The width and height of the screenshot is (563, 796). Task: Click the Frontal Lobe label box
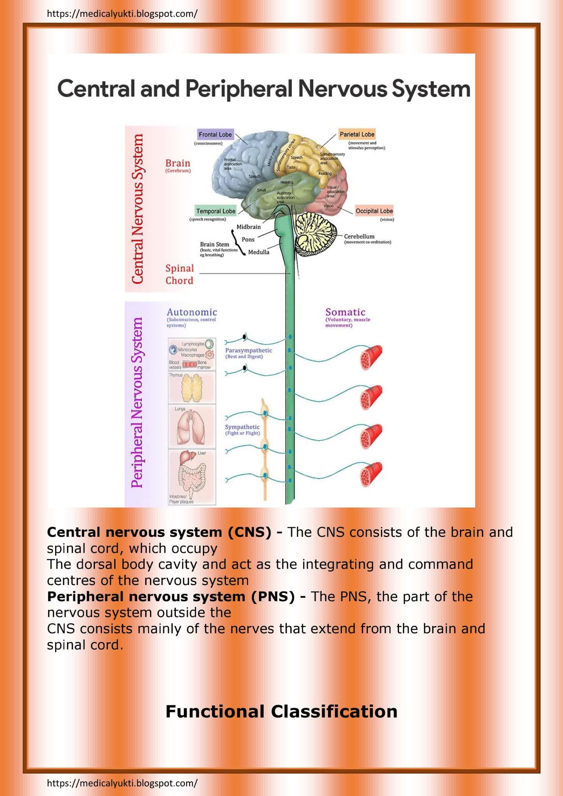215,134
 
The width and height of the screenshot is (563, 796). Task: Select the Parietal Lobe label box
357,134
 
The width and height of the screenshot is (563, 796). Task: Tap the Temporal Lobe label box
215,211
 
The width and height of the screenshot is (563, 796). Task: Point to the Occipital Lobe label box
374,211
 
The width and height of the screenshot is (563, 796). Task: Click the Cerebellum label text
359,236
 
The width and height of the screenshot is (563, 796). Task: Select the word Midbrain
248,227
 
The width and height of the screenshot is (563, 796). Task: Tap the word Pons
248,239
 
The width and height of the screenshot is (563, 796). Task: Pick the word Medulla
259,252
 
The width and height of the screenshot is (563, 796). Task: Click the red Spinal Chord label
179,274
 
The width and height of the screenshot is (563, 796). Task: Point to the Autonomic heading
192,312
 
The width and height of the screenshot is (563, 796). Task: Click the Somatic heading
345,312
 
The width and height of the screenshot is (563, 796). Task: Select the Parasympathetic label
248,351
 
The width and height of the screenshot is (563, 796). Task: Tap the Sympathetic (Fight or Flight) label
242,429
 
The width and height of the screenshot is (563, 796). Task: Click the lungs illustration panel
192,426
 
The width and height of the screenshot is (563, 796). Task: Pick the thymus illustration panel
192,388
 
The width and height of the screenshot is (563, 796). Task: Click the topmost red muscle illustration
371,357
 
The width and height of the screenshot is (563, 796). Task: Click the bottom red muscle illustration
371,474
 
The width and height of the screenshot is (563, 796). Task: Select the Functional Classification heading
281,712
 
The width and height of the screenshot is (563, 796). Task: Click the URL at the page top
122,14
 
